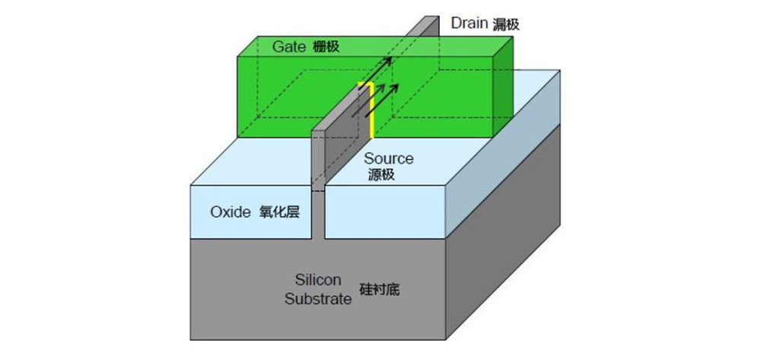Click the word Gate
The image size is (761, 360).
288,46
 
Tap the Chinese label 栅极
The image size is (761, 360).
325,47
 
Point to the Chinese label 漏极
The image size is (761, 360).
506,24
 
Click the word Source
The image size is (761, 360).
388,159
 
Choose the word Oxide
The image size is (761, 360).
231,212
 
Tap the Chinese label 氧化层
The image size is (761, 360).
278,212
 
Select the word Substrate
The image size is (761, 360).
318,298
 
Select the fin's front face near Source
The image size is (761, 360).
318,160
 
